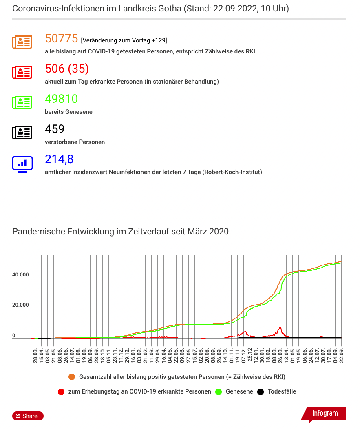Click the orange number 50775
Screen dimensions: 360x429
tap(62, 39)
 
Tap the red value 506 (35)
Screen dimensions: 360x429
tap(67, 69)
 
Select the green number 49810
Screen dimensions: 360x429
tap(62, 99)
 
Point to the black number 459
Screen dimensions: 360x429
tap(55, 129)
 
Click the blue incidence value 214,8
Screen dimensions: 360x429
tap(60, 159)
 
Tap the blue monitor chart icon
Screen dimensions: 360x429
tap(22, 164)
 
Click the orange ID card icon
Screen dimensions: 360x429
tap(22, 42)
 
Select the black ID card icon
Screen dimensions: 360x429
tap(22, 133)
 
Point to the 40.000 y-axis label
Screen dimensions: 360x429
tap(20, 275)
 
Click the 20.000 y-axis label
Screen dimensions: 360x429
tap(20, 305)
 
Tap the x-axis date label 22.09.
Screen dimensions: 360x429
tap(341, 356)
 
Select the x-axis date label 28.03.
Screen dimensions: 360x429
tap(35, 356)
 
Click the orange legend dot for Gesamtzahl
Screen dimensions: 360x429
tap(72, 377)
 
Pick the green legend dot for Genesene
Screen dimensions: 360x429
tap(219, 392)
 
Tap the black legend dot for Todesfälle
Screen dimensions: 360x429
tap(261, 392)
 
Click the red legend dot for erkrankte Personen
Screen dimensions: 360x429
tap(61, 392)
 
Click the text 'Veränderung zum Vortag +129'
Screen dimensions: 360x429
tap(124, 40)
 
